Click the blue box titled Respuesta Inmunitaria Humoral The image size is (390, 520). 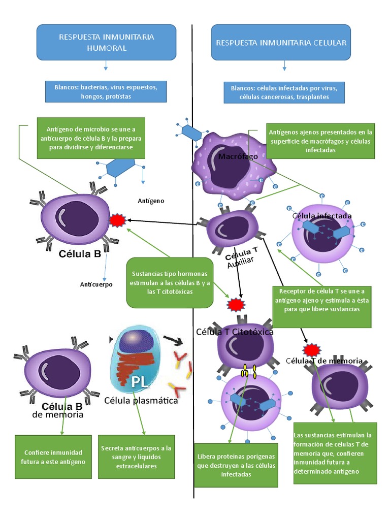106,42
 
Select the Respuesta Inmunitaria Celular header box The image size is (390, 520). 281,42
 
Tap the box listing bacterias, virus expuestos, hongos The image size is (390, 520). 106,91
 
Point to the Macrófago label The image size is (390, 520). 238,157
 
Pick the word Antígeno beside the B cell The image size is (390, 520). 151,201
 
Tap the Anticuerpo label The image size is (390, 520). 96,284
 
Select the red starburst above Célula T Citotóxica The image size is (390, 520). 236,305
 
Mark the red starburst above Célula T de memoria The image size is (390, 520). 311,350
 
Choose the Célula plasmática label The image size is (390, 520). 141,401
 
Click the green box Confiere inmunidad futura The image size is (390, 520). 53,457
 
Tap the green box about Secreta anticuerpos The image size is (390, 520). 136,457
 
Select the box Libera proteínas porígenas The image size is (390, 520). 236,465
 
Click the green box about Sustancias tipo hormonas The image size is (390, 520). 170,282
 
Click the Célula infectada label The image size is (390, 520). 322,216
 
